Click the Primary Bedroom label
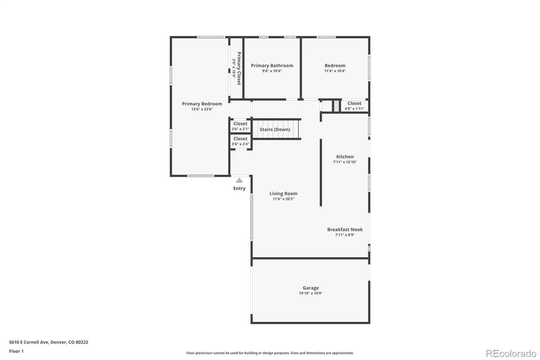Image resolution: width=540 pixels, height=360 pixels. coord(202,104)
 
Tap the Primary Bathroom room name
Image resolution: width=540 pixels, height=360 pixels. coord(272,65)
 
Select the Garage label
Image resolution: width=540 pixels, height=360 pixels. coord(310,288)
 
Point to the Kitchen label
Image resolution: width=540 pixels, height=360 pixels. coord(344,157)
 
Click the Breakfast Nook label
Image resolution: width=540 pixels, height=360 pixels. coord(344,229)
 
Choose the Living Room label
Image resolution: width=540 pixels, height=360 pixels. coord(283,193)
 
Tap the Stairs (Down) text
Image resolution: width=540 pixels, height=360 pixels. coord(275,129)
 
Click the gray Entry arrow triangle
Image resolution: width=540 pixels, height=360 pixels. coord(239,180)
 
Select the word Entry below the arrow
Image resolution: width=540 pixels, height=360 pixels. coord(239,189)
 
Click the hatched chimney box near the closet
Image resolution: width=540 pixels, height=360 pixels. coord(336,106)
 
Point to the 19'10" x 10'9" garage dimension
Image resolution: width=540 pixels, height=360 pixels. coord(310,293)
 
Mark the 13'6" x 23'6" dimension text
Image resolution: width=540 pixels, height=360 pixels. coord(202,109)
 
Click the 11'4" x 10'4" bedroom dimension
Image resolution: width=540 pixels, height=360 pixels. coord(335,71)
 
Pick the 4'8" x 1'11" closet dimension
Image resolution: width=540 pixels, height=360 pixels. coord(354,108)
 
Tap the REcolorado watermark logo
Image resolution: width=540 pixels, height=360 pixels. coord(511,353)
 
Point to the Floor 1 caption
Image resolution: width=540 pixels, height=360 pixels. coord(16,351)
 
